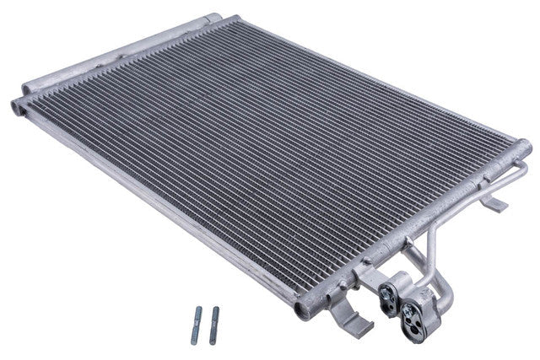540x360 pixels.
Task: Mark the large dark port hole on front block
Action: pos(428,316)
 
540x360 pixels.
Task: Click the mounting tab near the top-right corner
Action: pos(498,202)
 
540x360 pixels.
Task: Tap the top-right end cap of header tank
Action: pos(524,147)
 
